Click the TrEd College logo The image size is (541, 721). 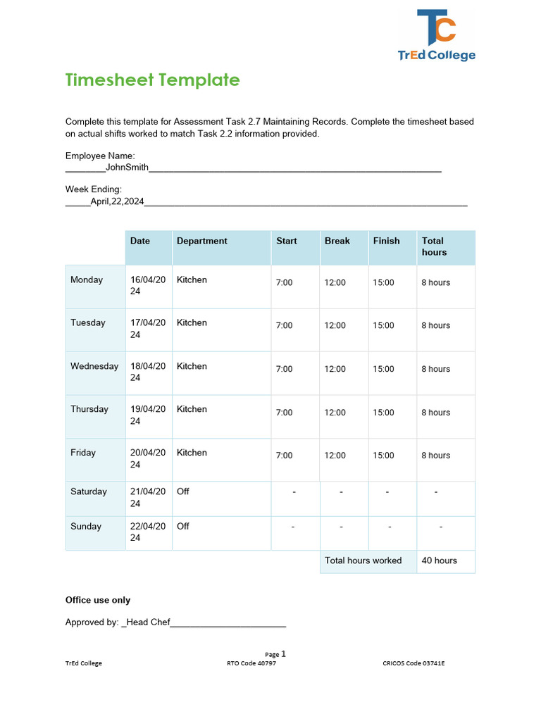[437, 35]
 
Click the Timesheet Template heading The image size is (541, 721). [152, 80]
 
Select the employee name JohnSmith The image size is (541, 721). [127, 168]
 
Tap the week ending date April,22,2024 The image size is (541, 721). [117, 201]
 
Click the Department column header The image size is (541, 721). [201, 241]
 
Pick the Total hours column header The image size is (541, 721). [434, 246]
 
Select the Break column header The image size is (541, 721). [337, 241]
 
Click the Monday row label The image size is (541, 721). [87, 280]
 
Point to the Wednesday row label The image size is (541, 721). [94, 366]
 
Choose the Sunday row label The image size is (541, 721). [86, 526]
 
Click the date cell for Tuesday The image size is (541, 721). [148, 328]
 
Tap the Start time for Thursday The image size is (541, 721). [284, 413]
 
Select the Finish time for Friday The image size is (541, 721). [383, 456]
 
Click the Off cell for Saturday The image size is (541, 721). [183, 491]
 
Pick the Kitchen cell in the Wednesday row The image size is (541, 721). [192, 366]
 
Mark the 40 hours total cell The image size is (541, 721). [439, 560]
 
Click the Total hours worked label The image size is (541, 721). [363, 560]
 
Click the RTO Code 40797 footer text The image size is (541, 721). [251, 663]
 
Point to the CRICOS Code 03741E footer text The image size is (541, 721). [413, 663]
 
